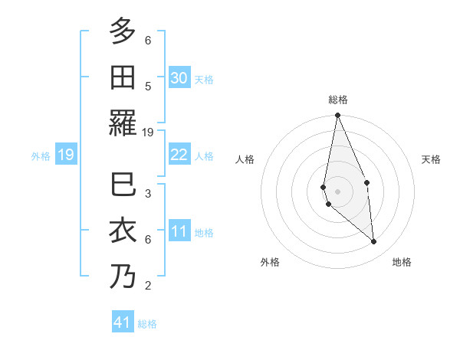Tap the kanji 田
123,77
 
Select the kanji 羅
123,123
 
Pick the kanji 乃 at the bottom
123,276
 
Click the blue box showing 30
179,78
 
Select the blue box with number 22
179,155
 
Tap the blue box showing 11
179,231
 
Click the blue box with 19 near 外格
65,155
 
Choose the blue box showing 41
123,322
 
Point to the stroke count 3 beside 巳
148,193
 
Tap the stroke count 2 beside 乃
148,286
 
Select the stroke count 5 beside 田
148,86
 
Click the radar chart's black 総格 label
337,100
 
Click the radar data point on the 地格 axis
373,241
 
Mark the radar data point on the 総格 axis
337,116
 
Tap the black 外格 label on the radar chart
270,262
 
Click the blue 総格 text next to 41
147,324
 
